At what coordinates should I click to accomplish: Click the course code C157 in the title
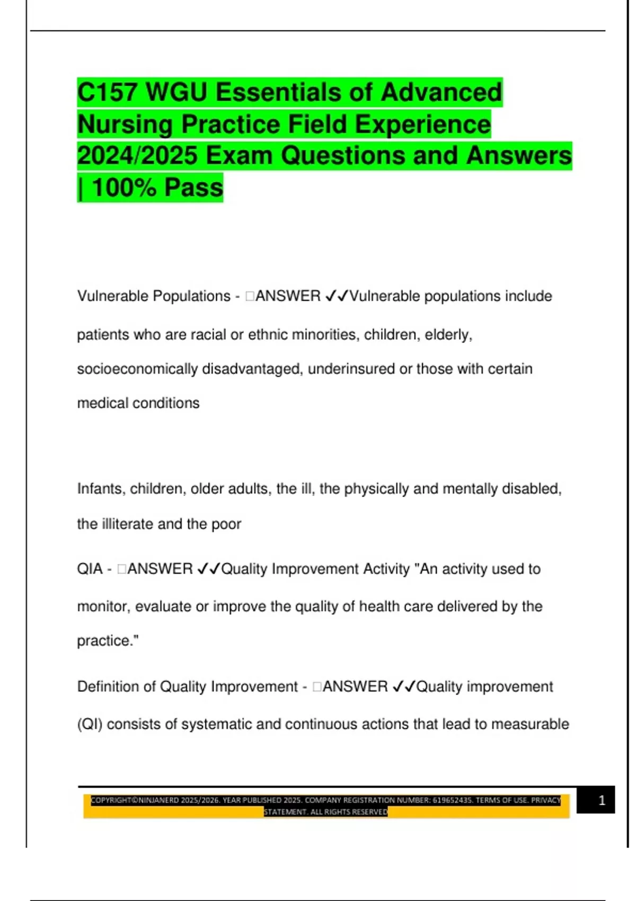coord(108,93)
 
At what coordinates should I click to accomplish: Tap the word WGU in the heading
coord(176,93)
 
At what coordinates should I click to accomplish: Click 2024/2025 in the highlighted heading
coord(137,156)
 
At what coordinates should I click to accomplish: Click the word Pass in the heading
coord(193,188)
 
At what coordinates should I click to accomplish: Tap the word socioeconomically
coord(137,369)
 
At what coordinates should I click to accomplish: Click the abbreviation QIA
coord(90,569)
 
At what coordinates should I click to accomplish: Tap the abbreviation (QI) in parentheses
coord(90,725)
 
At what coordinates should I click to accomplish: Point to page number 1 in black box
coord(602,800)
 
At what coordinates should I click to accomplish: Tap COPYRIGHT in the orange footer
coord(110,800)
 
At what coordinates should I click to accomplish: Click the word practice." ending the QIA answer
coord(108,641)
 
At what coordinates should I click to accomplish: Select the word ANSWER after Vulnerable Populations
coord(288,296)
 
